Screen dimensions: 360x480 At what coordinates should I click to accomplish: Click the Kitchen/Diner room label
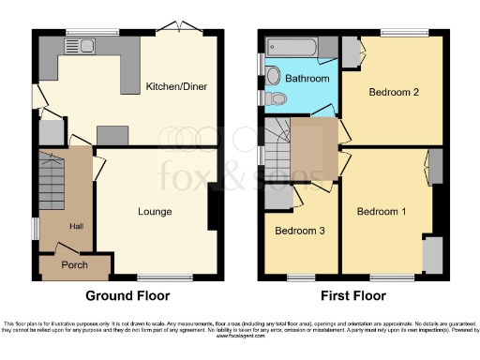point(176,87)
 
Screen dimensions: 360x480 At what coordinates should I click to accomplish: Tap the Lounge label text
point(157,212)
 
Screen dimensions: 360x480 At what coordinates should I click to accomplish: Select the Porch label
point(74,265)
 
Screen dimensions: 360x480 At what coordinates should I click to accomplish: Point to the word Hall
point(76,226)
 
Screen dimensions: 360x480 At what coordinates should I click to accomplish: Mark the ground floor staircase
point(52,183)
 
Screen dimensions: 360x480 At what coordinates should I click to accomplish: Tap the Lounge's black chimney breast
point(215,212)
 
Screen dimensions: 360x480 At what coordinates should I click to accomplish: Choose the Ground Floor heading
point(127,295)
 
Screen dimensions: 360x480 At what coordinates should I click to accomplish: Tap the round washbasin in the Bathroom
point(272,76)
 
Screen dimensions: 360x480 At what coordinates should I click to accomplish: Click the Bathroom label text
point(307,79)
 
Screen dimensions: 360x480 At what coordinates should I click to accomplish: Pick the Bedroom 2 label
point(394,95)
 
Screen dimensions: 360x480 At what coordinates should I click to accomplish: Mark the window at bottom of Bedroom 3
point(300,277)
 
